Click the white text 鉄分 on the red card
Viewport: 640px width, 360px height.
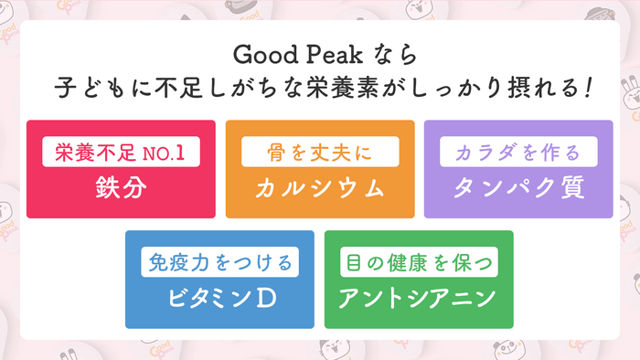click(121, 186)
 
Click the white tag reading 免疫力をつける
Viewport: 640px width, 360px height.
click(220, 262)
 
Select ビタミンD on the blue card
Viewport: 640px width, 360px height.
click(220, 297)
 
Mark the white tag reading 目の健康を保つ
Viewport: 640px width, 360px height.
click(419, 262)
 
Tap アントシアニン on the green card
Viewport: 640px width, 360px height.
click(419, 297)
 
